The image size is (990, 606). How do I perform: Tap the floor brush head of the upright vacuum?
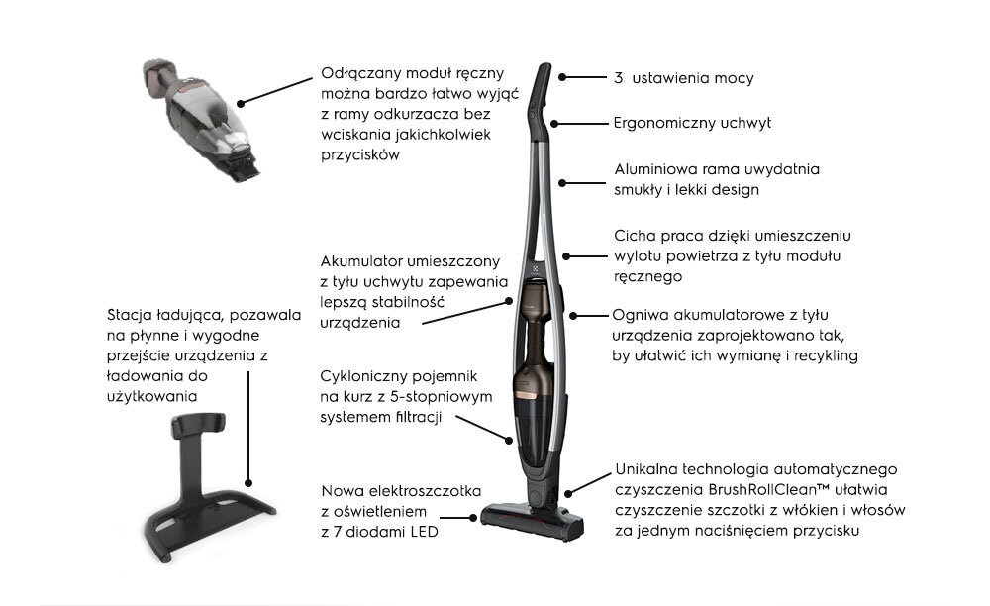coord(532,521)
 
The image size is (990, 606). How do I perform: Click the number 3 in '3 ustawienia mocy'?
coord(618,78)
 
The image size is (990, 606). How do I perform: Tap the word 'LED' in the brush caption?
coord(425,532)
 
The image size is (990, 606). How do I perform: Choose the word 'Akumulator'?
coord(361,261)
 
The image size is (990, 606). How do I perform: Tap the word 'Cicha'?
coord(635,236)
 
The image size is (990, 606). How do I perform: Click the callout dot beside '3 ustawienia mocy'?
coord(562,77)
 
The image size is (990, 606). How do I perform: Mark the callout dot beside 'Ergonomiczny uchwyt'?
coord(554,124)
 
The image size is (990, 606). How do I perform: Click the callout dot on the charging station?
coord(248,483)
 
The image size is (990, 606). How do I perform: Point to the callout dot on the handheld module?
coord(240,104)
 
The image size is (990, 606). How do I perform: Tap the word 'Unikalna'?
coord(646,469)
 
